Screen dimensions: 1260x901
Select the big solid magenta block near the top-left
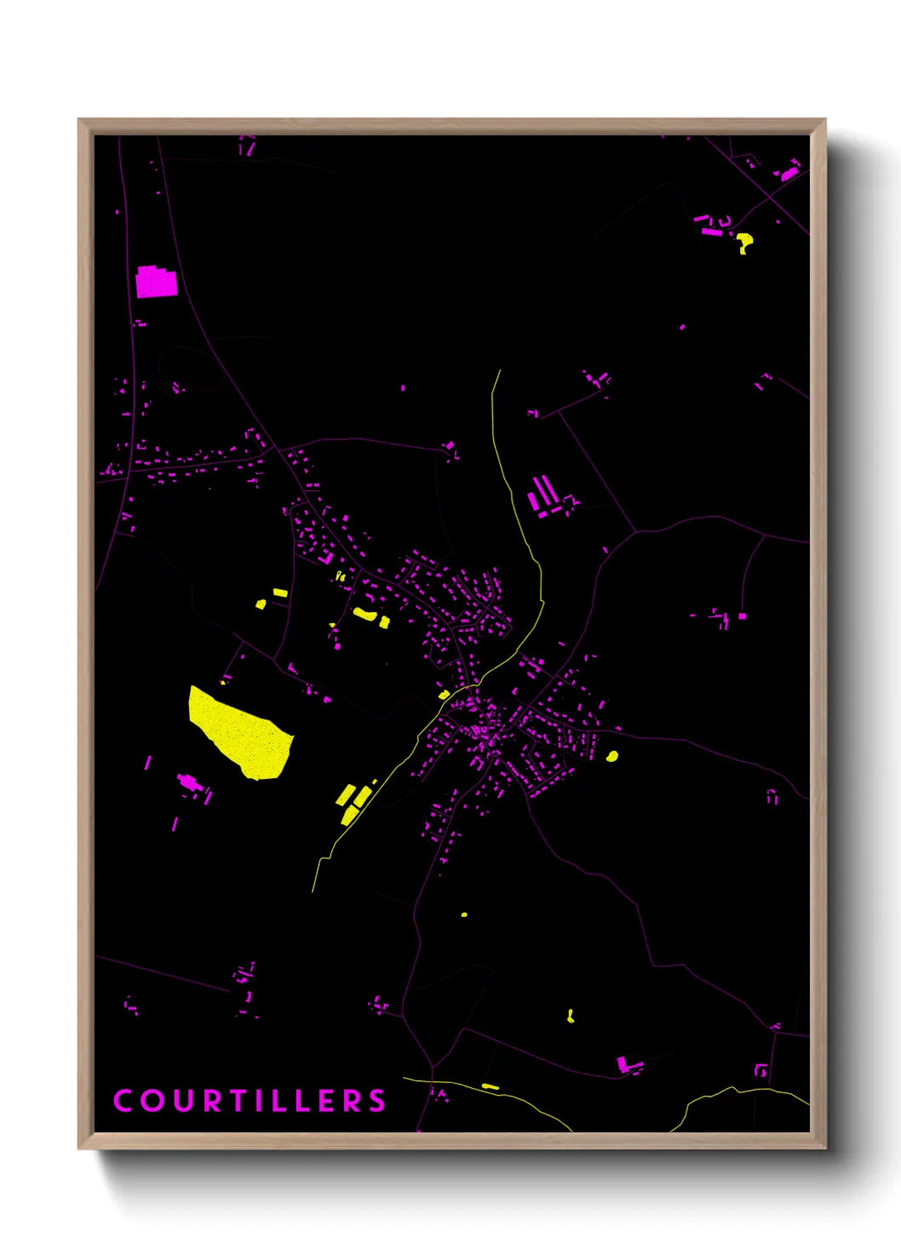coord(156,282)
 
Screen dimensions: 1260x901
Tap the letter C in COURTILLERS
coord(123,1101)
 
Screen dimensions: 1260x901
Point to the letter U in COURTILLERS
coord(184,1101)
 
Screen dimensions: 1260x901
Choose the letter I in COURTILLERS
coord(268,1101)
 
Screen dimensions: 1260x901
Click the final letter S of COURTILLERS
coord(376,1101)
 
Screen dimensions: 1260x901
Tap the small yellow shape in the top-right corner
coord(744,242)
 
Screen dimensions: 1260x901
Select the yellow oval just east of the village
coord(611,756)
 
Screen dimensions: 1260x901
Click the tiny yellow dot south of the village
coord(464,914)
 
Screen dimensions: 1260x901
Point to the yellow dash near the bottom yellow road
coord(490,1086)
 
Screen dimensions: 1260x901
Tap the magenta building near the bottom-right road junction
coord(628,1064)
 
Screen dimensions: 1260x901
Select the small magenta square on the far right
coord(742,616)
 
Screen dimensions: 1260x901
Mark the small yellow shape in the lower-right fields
coord(571,1015)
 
